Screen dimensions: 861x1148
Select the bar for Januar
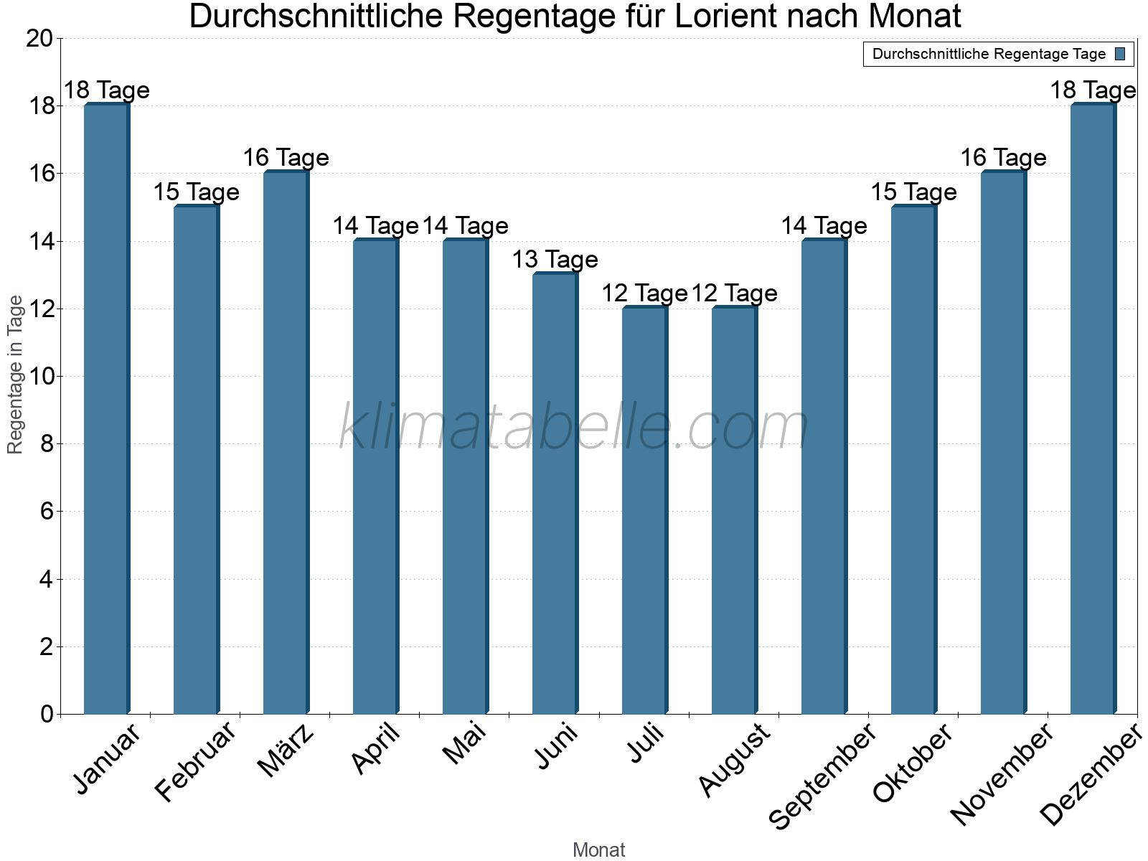click(x=107, y=409)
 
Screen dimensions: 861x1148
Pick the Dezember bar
click(x=1093, y=409)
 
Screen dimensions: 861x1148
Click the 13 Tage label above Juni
click(x=555, y=260)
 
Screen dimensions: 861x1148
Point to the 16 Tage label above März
click(x=286, y=158)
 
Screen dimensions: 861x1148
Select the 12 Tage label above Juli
click(x=644, y=293)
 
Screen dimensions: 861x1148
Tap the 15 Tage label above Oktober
click(x=913, y=192)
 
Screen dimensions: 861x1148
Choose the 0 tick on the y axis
click(x=47, y=715)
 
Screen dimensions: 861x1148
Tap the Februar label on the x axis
click(x=196, y=762)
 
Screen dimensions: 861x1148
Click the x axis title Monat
click(x=599, y=850)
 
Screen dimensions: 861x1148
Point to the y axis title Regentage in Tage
click(x=16, y=375)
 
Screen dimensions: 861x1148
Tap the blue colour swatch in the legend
click(x=1120, y=54)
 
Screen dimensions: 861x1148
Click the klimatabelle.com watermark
click(x=574, y=428)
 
